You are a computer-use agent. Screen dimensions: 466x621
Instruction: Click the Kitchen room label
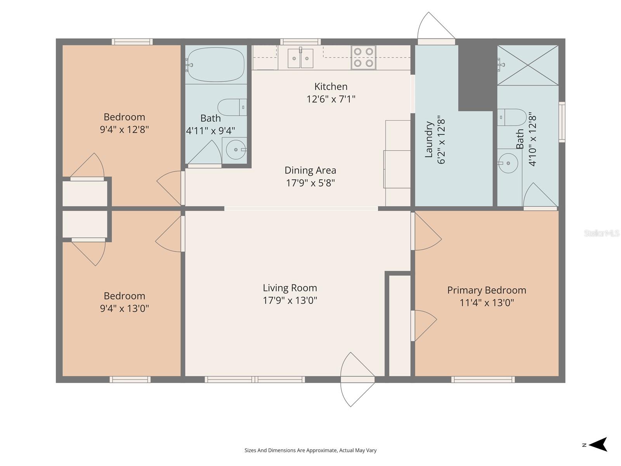pos(331,86)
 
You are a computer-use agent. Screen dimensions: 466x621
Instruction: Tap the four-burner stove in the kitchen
pos(363,57)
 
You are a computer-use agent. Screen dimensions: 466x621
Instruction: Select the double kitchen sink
pos(300,58)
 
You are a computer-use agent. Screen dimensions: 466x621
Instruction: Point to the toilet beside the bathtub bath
pos(232,107)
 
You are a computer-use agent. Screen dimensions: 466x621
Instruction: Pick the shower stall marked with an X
pos(528,65)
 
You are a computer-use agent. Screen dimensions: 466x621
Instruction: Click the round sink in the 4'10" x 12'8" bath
pos(508,163)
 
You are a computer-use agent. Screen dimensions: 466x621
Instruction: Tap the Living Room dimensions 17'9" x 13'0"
pos(290,300)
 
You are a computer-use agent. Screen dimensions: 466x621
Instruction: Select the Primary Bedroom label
pos(486,290)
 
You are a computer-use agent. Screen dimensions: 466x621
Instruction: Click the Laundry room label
pos(428,140)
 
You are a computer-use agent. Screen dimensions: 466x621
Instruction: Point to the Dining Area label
pos(310,170)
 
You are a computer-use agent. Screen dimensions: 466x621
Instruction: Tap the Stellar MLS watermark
pos(601,233)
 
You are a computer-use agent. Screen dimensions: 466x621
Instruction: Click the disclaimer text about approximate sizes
pos(310,450)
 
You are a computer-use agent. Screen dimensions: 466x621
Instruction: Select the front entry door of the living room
pos(357,379)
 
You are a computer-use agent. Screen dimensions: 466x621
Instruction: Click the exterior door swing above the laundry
pos(435,27)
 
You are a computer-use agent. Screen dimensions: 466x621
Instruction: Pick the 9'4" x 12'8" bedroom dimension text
pos(124,129)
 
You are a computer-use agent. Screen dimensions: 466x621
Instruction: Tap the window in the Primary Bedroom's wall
pos(483,379)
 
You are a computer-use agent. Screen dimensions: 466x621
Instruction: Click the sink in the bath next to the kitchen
pos(236,150)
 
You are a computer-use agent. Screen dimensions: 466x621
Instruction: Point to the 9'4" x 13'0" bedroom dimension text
pos(124,308)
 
